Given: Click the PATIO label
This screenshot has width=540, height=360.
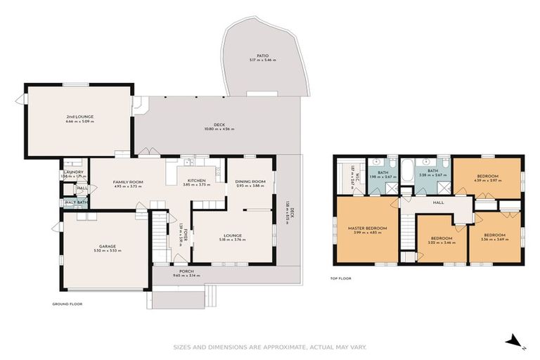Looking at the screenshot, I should (x=262, y=56).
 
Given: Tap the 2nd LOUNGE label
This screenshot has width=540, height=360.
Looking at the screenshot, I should (x=79, y=116).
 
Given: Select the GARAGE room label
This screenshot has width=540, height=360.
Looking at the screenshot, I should (x=107, y=246).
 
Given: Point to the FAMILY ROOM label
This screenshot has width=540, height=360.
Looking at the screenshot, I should (x=128, y=182).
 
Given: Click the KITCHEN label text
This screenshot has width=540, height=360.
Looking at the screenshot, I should (x=196, y=180).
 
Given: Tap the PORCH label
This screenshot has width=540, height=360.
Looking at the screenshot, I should (x=186, y=271).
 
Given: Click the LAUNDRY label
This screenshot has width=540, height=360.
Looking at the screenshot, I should (x=74, y=172).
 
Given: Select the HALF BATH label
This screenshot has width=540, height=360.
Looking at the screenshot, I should (x=76, y=202).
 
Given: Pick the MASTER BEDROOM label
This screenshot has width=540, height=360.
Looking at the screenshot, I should (x=368, y=228).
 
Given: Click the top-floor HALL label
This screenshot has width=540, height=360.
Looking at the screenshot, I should (x=438, y=202).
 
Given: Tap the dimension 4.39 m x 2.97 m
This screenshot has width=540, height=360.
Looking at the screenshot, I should (x=487, y=181).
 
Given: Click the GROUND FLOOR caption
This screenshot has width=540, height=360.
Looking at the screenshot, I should (x=67, y=304).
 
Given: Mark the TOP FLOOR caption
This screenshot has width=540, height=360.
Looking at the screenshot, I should (x=340, y=278).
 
